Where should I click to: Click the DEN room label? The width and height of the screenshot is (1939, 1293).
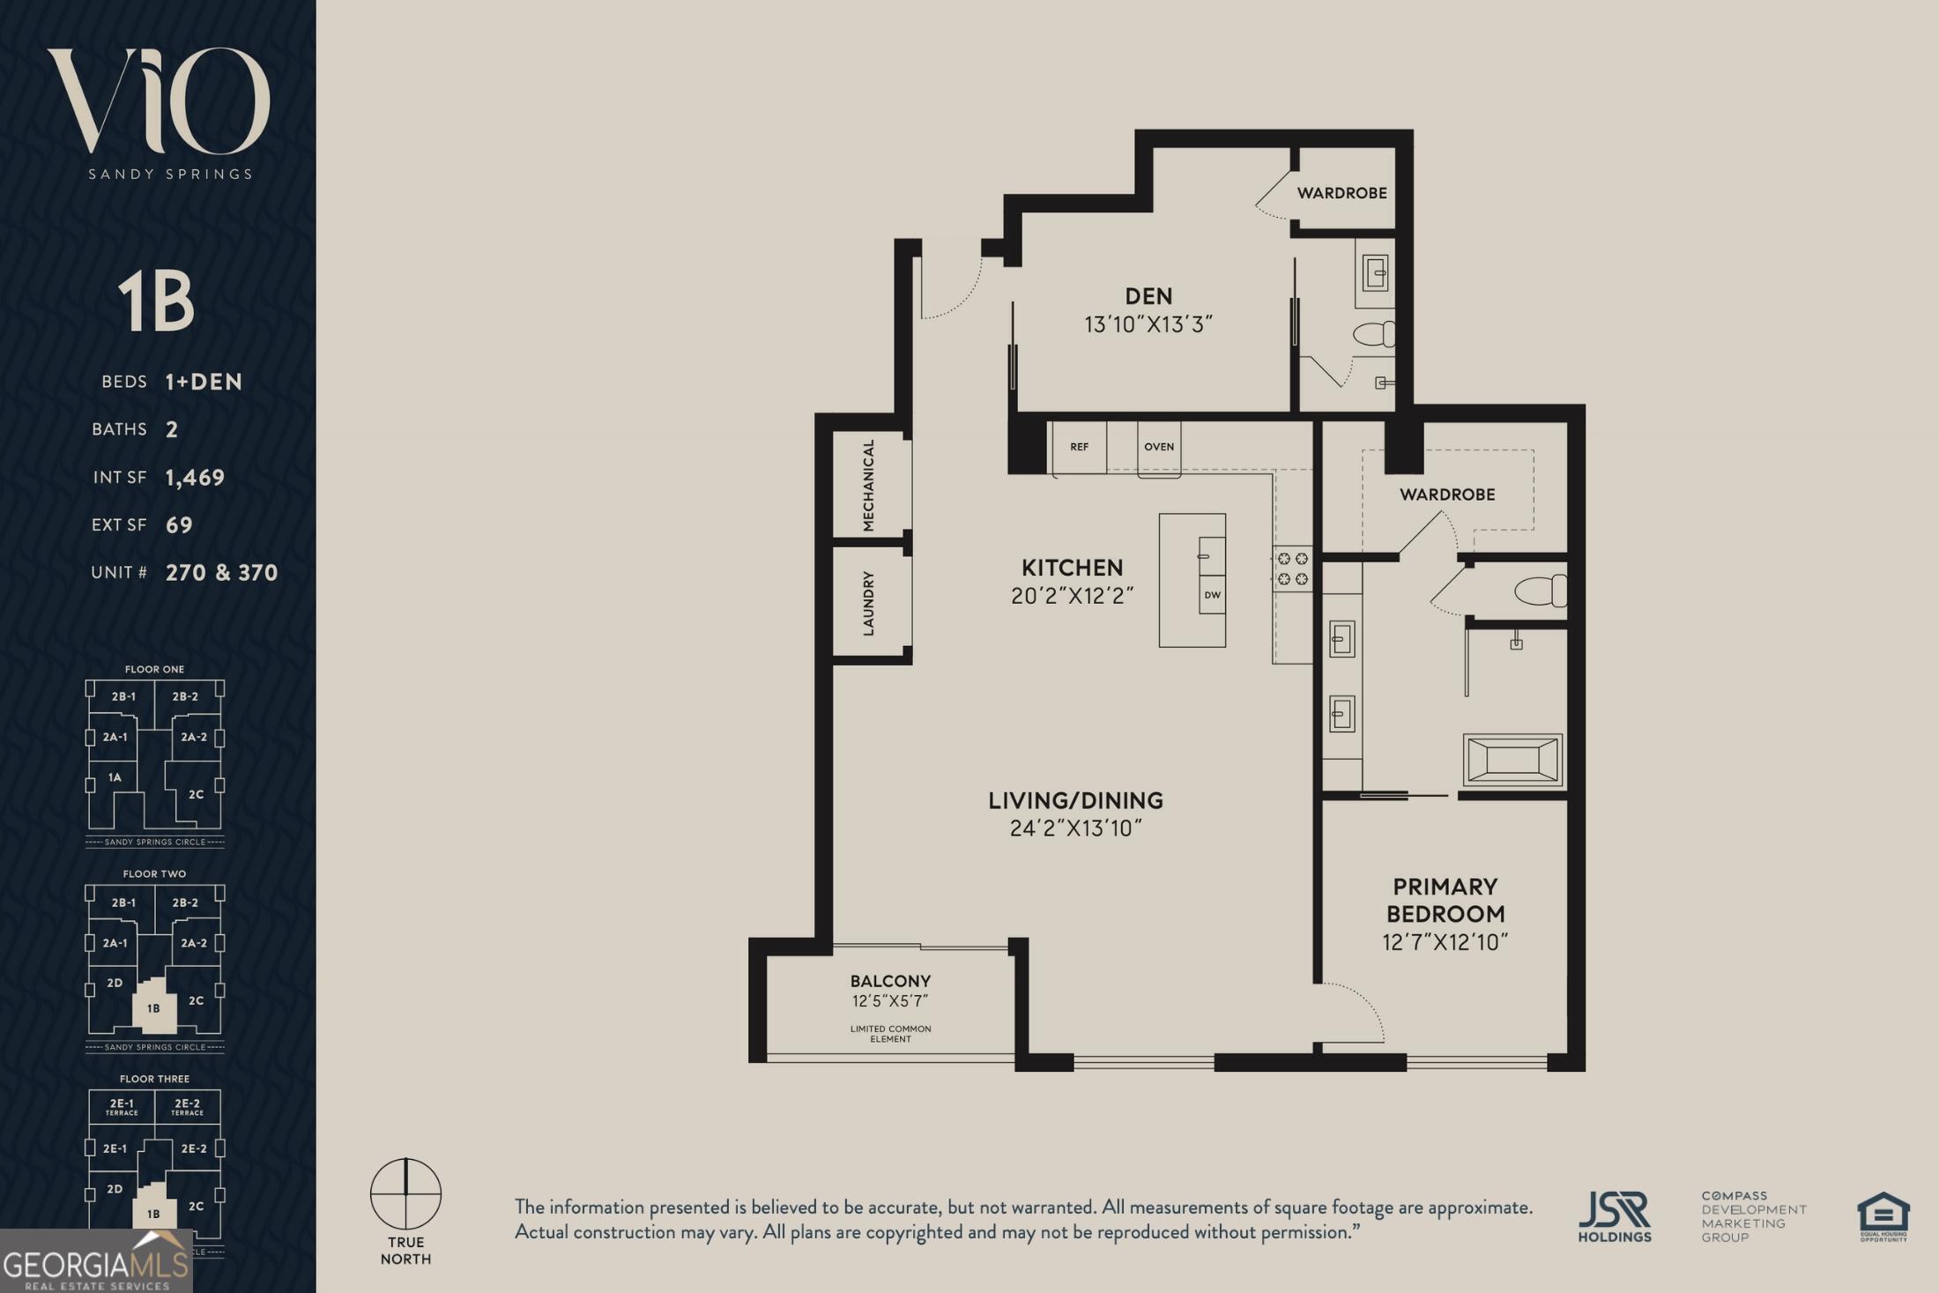[1148, 296]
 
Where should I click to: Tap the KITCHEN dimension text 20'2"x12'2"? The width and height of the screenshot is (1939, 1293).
[1072, 596]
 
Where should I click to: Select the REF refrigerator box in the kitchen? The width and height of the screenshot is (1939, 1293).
[1079, 447]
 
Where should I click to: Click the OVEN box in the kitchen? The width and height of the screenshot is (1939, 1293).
[1159, 448]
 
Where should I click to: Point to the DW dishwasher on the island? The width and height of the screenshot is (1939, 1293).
[1212, 595]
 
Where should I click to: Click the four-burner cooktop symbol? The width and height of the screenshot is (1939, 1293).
[1292, 569]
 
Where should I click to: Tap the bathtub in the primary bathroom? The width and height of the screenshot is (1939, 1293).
[1512, 759]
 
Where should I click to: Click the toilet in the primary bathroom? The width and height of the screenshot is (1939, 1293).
[1541, 591]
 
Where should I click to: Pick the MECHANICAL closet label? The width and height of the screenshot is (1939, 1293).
[868, 485]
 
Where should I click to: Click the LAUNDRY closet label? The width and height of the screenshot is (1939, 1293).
[868, 603]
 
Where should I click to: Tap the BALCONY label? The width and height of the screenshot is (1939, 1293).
[890, 981]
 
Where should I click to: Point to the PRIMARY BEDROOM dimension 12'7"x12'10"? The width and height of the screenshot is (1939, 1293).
[1445, 942]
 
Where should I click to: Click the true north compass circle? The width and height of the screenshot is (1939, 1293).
[405, 1193]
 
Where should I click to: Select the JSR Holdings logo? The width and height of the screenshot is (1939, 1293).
[1615, 1216]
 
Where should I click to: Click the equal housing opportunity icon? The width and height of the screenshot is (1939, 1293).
[1883, 1216]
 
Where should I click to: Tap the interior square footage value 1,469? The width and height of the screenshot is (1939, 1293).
[195, 478]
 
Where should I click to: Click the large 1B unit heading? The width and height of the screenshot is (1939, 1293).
[156, 301]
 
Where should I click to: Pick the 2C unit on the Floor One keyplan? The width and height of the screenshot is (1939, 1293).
[196, 794]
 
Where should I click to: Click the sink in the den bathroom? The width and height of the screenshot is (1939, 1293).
[1375, 272]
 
